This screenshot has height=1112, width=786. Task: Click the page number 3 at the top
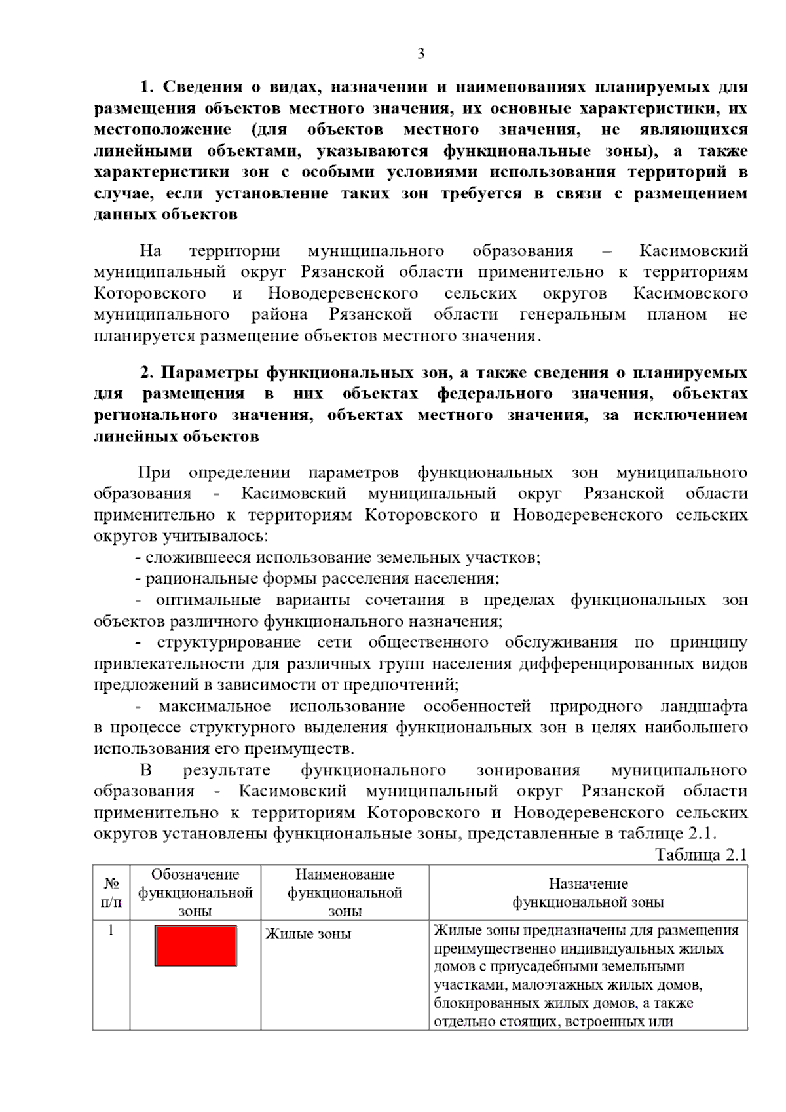click(x=421, y=54)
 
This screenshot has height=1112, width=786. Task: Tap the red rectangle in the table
click(x=195, y=945)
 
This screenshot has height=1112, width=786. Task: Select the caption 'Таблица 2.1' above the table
click(x=700, y=855)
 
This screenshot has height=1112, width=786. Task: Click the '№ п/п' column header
click(x=111, y=892)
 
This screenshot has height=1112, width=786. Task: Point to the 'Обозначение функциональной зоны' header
click(x=195, y=892)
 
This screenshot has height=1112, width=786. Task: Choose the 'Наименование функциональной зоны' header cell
click(x=345, y=892)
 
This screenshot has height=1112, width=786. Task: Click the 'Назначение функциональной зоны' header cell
click(x=588, y=893)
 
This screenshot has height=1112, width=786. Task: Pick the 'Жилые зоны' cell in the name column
click(x=308, y=934)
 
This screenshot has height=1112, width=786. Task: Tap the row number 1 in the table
click(x=111, y=930)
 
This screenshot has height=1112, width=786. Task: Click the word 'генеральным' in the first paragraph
click(x=572, y=314)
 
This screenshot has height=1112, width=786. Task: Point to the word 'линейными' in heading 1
click(x=142, y=151)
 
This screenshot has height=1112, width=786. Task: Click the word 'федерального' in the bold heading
click(x=495, y=394)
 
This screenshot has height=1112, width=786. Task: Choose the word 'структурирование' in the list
click(x=229, y=642)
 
